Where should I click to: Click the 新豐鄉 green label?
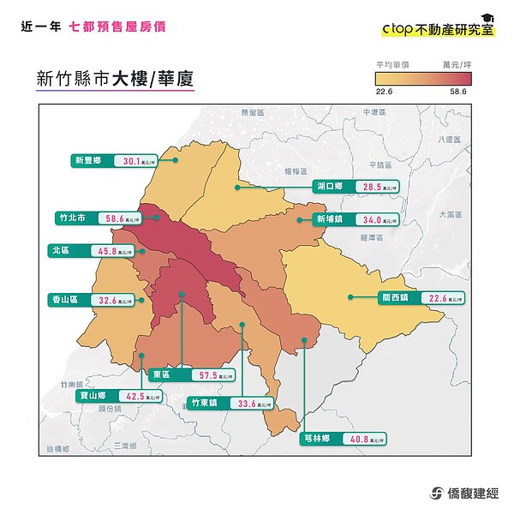pos(89,160)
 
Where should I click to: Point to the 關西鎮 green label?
pos(395,298)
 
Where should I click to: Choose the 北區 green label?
pos(61,251)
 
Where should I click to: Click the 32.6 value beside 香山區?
pos(108,301)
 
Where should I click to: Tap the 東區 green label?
pos(161,375)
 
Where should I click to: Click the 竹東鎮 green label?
pos(206,402)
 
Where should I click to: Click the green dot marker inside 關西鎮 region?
pos(350,297)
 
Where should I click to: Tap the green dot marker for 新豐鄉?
pos(176,159)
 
